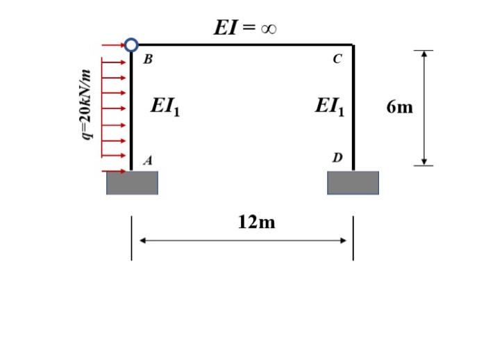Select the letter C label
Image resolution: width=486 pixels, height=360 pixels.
tap(337, 60)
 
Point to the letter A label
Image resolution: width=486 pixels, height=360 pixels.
tap(147, 161)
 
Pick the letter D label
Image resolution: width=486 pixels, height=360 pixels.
tap(337, 158)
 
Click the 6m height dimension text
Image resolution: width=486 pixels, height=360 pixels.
tap(400, 107)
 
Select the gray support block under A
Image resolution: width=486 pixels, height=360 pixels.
tap(132, 183)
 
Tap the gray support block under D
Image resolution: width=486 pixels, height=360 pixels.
tap(353, 183)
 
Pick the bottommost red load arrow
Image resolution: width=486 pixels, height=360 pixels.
tap(115, 171)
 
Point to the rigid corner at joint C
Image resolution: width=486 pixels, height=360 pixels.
tap(353, 46)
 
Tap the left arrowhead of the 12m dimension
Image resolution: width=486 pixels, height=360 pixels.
tap(142, 241)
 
